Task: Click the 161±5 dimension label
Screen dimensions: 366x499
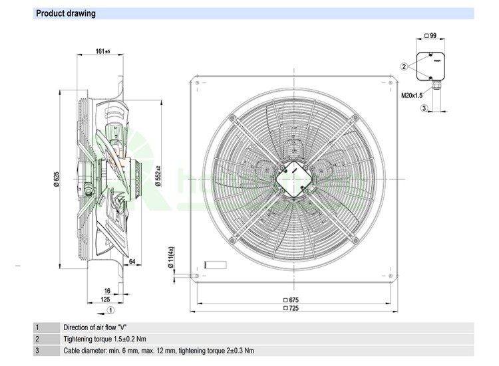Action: point(102,50)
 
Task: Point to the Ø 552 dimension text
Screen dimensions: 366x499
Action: point(158,175)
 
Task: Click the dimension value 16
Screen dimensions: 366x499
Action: point(106,291)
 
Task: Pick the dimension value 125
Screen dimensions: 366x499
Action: point(105,300)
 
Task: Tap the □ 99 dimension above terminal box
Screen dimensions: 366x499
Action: point(430,35)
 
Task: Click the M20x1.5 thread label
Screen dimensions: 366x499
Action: point(412,96)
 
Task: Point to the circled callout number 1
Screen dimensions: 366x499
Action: point(111,310)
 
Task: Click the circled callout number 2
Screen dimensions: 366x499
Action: point(404,66)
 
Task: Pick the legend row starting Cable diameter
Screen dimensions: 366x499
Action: point(158,351)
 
